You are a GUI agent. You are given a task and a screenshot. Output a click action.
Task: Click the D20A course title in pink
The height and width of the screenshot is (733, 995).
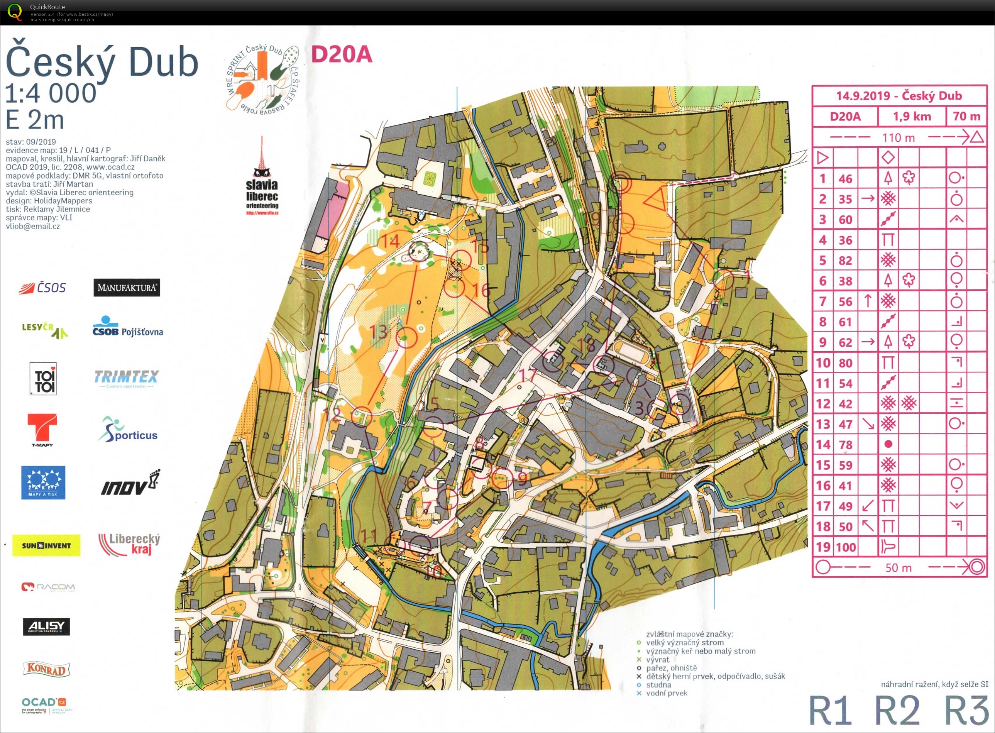tap(341, 54)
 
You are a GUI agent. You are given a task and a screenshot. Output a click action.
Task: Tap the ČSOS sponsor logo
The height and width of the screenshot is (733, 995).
tap(42, 288)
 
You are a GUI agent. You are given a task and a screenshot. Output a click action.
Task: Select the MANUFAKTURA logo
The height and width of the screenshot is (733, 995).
tap(127, 288)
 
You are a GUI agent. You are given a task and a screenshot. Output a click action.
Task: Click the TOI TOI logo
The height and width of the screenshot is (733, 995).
tap(43, 379)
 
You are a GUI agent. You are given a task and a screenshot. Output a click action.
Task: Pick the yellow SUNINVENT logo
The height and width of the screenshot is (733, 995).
tap(46, 545)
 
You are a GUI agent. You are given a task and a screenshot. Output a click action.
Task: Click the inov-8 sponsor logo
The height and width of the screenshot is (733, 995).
tap(130, 483)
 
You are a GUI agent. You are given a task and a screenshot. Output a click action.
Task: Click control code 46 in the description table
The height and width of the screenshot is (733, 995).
tap(845, 179)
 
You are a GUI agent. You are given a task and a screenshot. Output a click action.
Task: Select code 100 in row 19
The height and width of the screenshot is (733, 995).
tap(846, 547)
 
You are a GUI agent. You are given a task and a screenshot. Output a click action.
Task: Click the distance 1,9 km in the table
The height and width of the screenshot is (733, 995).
tap(912, 117)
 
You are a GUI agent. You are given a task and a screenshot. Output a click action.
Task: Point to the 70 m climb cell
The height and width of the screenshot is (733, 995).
tap(966, 117)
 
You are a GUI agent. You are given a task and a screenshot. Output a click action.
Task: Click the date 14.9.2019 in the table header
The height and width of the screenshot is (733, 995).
tap(863, 96)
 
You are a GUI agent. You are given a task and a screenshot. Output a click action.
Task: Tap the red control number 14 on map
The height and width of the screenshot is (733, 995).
tap(390, 241)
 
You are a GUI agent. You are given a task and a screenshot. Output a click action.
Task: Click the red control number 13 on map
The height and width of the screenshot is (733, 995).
tap(378, 332)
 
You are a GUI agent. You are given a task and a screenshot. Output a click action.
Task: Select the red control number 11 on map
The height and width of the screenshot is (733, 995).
tap(368, 535)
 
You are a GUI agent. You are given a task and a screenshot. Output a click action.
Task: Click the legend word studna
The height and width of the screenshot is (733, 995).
tap(658, 685)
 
